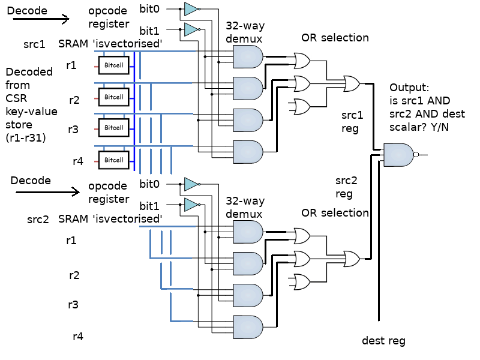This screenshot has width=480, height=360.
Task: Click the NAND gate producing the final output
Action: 398,155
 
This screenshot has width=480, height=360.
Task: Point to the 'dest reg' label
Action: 383,341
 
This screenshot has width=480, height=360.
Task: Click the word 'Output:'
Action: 410,87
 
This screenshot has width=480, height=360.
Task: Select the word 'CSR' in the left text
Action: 17,98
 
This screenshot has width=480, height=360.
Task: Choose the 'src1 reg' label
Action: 352,121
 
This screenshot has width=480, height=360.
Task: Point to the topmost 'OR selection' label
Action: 335,38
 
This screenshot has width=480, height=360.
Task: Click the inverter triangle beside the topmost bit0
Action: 191,8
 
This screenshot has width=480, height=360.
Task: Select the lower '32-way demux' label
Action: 245,208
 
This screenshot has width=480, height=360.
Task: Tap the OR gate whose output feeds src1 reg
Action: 350,83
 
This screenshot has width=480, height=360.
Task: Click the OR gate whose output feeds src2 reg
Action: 350,258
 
